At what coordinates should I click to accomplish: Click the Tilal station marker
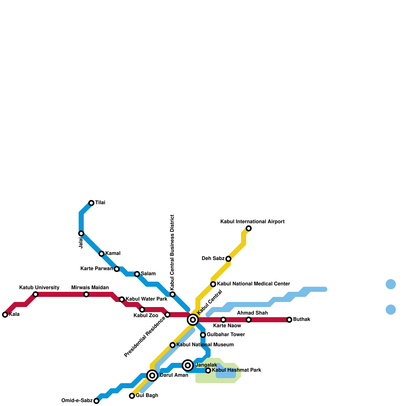pos(91,203)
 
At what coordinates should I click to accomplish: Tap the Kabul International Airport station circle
pos(249,228)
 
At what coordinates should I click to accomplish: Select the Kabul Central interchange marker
pos(193,319)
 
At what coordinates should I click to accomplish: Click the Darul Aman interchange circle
pos(152,375)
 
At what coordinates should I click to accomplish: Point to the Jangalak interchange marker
pos(188,365)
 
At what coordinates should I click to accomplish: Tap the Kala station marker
pos(5,315)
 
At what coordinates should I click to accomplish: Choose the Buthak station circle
pos(289,320)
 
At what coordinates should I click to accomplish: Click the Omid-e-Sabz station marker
pos(96,401)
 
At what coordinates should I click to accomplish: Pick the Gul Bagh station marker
pos(132,396)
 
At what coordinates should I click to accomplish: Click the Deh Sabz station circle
pos(228,259)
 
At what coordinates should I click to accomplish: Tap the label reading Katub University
pos(39,288)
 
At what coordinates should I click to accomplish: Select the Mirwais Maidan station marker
pos(86,294)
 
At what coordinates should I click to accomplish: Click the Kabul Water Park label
pos(146,299)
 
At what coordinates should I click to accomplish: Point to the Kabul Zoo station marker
pos(142,310)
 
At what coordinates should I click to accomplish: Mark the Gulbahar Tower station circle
pos(203,335)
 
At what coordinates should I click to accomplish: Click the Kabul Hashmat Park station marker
pos(208,370)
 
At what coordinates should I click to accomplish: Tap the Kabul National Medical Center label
pos(253,284)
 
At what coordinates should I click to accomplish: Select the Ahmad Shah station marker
pos(249,320)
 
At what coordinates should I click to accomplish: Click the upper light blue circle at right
pos(391,284)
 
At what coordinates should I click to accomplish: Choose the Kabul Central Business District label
pos(173,252)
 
